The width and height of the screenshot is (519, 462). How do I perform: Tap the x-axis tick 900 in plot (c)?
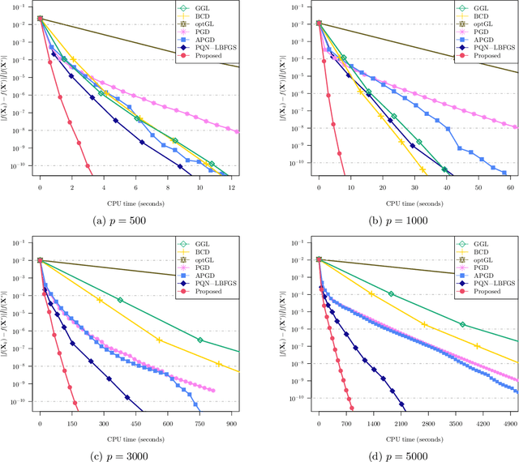click(230, 424)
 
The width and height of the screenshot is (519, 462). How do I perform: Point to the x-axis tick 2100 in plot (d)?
click(401, 424)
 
